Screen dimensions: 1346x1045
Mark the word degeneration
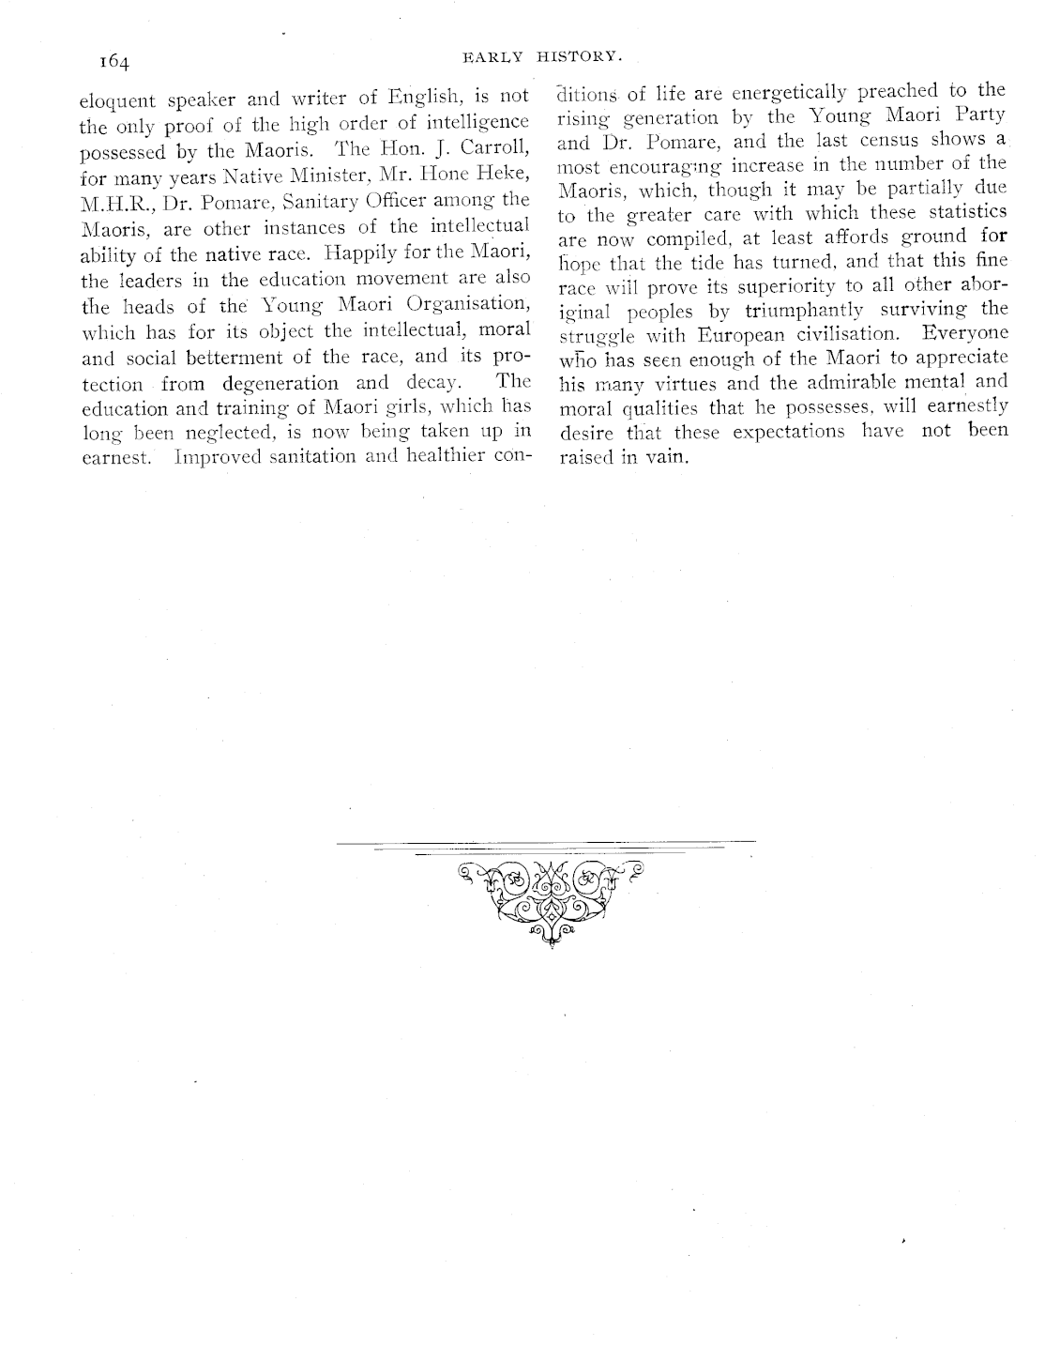click(x=280, y=384)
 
